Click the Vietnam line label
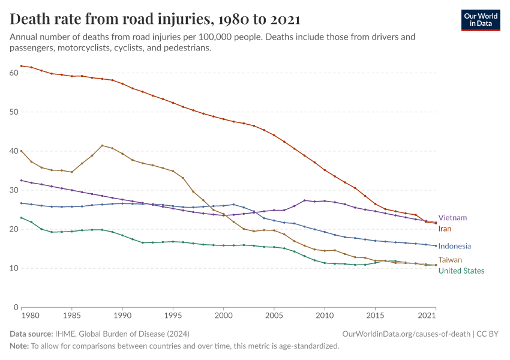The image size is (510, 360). point(452,218)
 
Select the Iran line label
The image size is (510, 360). point(445,229)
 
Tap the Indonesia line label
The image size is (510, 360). point(454,246)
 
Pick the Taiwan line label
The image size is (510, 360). point(450,260)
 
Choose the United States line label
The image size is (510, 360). point(461,271)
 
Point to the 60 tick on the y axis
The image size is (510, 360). point(14,73)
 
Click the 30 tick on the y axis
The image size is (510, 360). point(14,190)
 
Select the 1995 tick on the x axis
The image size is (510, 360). point(173,315)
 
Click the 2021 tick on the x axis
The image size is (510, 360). point(426,315)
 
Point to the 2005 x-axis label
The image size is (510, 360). point(274,315)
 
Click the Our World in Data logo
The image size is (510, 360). point(480,20)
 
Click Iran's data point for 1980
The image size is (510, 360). point(21,65)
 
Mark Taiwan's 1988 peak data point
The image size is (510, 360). point(102,146)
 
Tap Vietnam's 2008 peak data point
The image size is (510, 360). point(305,200)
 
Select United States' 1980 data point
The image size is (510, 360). point(21,218)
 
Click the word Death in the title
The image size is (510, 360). point(30,20)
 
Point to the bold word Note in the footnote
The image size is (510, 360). point(20,346)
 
